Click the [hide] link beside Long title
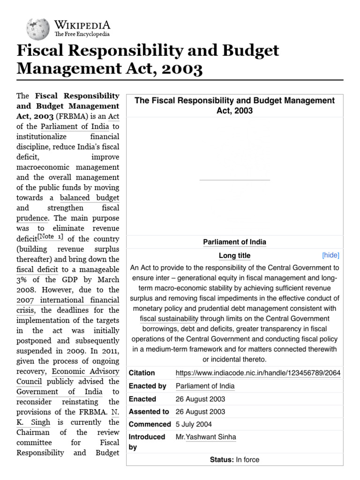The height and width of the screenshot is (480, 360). click(330, 255)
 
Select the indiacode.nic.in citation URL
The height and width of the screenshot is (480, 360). click(258, 373)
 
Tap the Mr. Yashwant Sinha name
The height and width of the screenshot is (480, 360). click(206, 437)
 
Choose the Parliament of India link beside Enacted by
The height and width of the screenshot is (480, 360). click(205, 386)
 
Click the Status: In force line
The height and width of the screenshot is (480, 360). click(234, 460)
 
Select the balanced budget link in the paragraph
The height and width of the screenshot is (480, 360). click(90, 198)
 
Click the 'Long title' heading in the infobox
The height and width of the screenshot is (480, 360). click(234, 256)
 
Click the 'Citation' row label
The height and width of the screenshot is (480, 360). click(142, 373)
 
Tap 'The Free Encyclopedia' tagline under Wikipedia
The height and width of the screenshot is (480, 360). click(82, 34)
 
